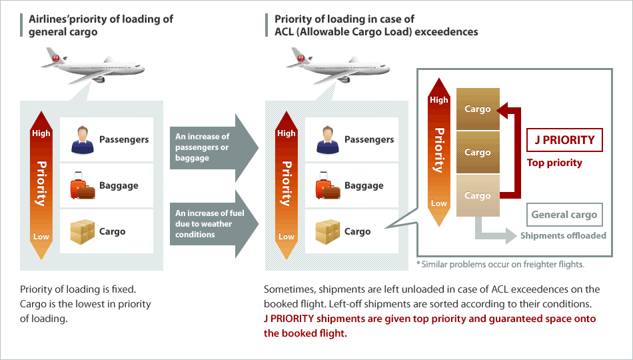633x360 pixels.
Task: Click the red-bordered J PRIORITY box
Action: [x=564, y=140]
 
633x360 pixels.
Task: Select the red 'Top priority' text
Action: [x=554, y=163]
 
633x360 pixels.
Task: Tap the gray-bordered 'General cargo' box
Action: [x=564, y=215]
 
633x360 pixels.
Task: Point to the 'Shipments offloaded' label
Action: [x=563, y=235]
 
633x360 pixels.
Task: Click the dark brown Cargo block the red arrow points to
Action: [x=478, y=109]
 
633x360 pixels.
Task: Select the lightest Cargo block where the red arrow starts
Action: [x=478, y=195]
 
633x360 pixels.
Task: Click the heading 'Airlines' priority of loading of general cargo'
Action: [x=101, y=25]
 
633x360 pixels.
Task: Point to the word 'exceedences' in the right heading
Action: [x=446, y=31]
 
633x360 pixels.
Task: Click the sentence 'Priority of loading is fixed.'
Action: [x=78, y=289]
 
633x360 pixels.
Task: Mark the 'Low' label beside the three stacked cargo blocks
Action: [x=438, y=203]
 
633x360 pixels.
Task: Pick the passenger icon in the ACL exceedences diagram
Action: [x=327, y=139]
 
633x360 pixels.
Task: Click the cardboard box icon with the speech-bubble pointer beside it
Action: [x=327, y=231]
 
